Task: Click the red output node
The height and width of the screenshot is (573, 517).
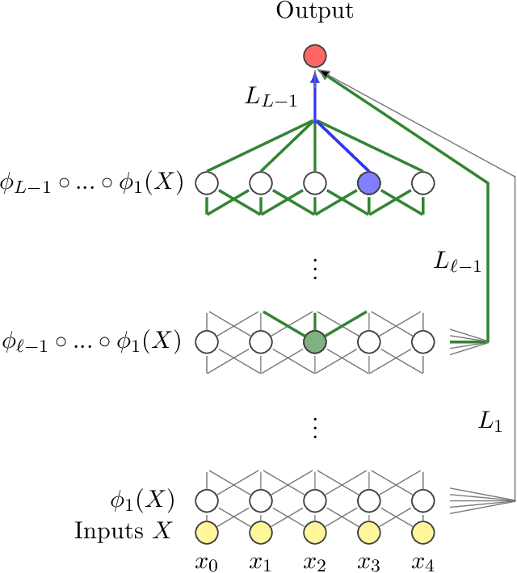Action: (314, 56)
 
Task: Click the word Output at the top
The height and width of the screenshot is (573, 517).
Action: (314, 11)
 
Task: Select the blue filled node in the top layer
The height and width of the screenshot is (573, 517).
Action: (368, 183)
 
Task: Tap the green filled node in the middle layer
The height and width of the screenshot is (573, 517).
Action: (314, 341)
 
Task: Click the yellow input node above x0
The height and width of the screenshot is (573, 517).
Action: (206, 532)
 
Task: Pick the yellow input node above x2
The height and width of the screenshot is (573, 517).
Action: (314, 532)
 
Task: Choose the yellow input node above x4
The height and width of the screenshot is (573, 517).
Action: (422, 532)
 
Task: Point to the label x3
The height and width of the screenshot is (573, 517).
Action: (368, 559)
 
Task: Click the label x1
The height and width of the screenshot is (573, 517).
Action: (260, 559)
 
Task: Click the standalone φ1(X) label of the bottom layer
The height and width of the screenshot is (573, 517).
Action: (142, 500)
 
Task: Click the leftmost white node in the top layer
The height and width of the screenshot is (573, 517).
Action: (206, 183)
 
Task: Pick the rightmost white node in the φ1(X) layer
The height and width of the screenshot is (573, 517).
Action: (422, 500)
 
